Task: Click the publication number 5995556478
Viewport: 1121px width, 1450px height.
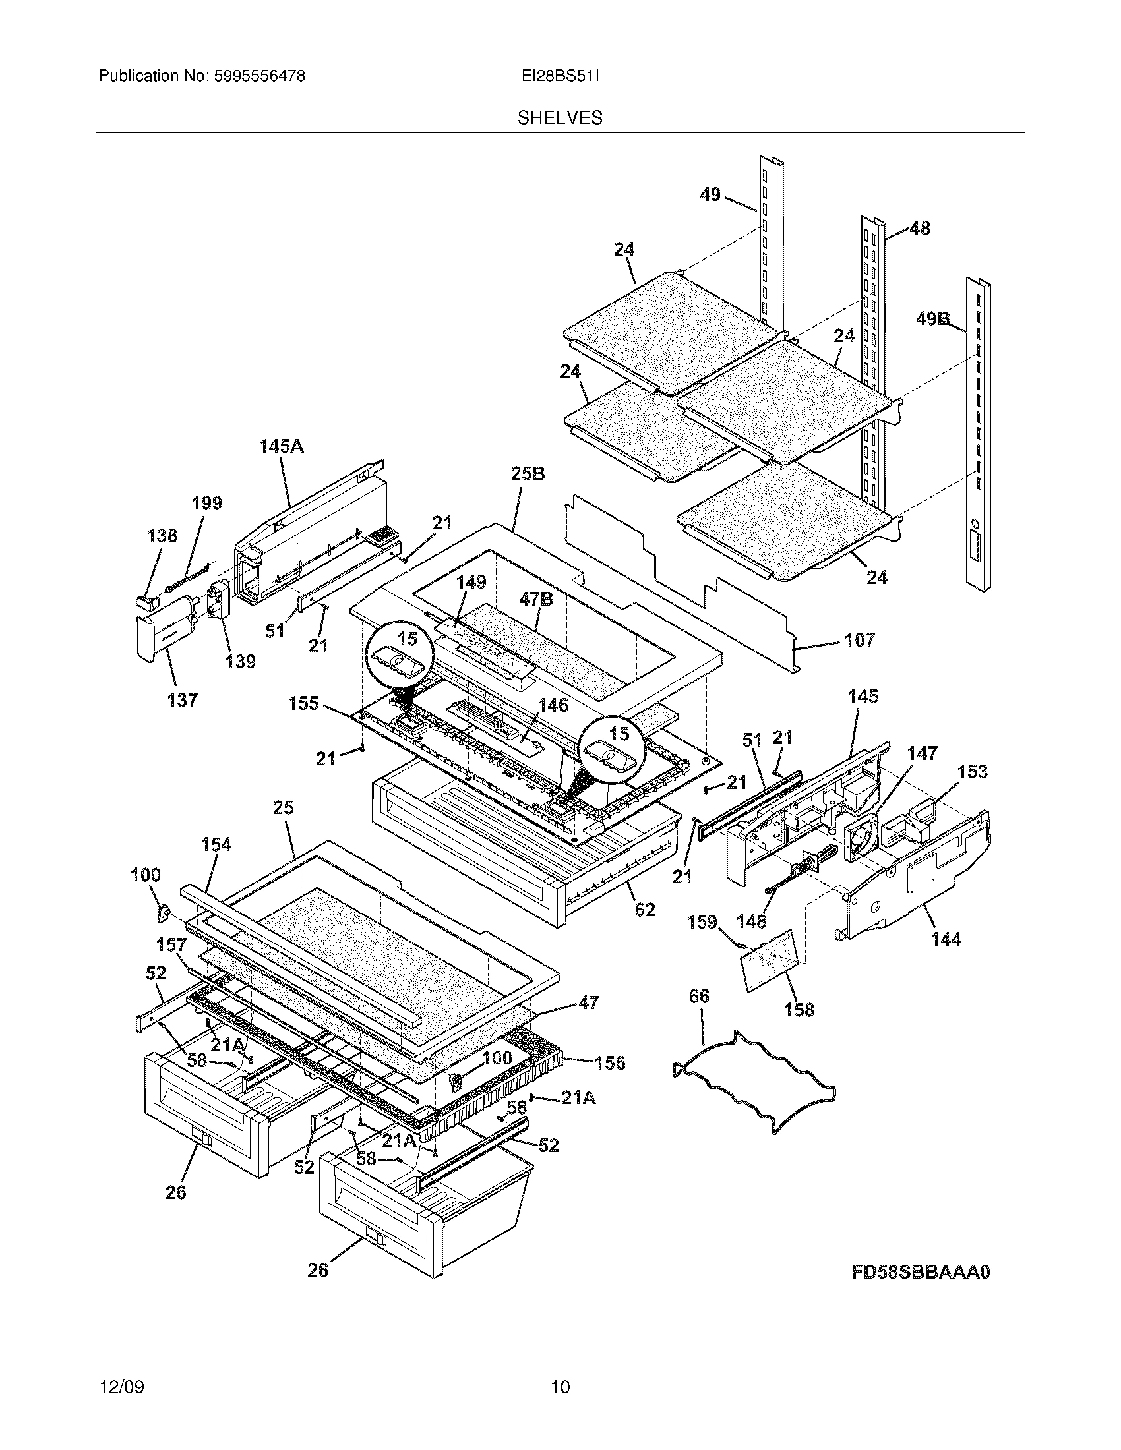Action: (260, 76)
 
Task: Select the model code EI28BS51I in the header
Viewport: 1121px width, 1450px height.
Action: (560, 76)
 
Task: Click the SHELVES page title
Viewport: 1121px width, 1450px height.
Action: (560, 118)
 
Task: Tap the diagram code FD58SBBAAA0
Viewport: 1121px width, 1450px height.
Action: (921, 1271)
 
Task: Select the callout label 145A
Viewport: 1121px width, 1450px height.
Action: (281, 446)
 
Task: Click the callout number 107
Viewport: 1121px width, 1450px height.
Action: (859, 640)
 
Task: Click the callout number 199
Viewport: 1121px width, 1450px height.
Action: (206, 504)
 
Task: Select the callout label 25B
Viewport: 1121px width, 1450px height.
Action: (528, 474)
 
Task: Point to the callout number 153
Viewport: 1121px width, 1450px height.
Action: (972, 772)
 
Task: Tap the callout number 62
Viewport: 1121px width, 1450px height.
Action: (645, 909)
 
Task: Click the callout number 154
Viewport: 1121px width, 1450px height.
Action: (216, 844)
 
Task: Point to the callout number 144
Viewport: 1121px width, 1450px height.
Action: (946, 939)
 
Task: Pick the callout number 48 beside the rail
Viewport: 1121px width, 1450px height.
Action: (919, 229)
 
